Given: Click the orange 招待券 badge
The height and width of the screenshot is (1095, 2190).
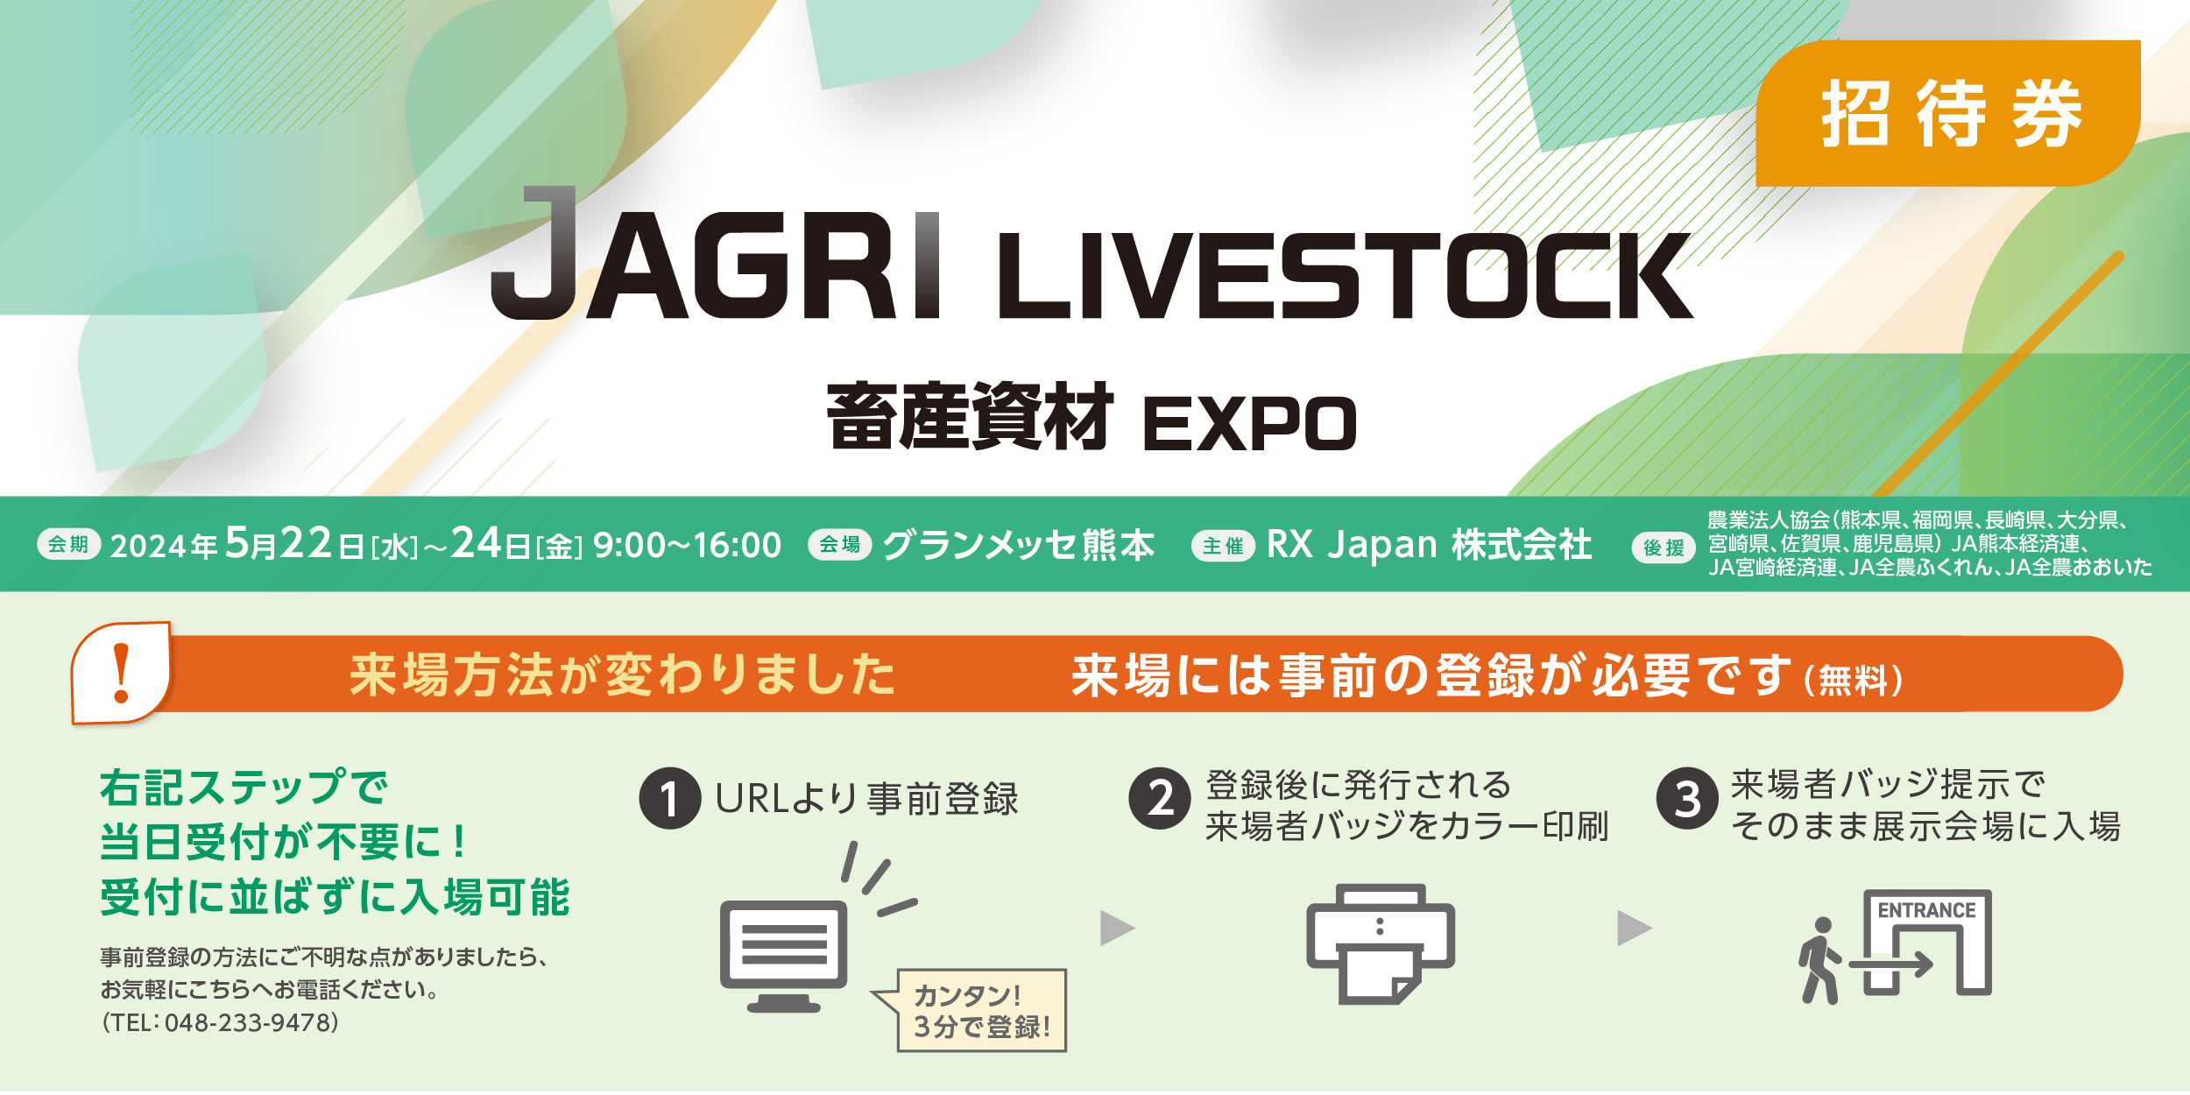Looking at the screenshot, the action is [1947, 113].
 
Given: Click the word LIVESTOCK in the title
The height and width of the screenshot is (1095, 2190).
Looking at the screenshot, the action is [1345, 276].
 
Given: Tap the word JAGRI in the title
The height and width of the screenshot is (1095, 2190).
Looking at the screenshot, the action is [715, 253].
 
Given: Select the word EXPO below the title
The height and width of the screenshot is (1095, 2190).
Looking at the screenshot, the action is [1250, 424].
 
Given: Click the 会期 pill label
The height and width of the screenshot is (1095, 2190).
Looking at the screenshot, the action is [69, 544].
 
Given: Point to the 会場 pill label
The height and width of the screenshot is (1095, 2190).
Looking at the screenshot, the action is [839, 544].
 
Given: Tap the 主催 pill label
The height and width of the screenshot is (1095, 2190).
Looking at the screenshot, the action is [1223, 546].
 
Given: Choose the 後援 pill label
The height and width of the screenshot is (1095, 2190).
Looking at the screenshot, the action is [1664, 547].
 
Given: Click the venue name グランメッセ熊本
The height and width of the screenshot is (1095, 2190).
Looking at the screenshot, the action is [1019, 545].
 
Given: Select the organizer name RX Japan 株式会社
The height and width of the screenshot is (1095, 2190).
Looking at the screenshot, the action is [1430, 545].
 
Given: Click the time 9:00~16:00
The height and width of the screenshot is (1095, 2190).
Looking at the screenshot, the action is [688, 545].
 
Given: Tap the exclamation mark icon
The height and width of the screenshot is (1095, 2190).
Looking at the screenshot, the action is [121, 673].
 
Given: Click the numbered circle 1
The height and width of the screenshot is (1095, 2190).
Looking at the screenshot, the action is [670, 798].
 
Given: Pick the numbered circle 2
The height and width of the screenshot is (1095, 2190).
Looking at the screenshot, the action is [1160, 798].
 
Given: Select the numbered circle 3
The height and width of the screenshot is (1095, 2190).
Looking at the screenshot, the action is [1687, 798].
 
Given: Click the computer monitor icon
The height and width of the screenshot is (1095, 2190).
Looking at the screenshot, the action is [784, 956].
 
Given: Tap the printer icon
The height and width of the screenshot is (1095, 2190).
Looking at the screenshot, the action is [1381, 944].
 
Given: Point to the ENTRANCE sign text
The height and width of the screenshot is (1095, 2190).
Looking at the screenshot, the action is [1926, 910].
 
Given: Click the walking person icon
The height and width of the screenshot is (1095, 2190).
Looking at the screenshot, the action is [1820, 960].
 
